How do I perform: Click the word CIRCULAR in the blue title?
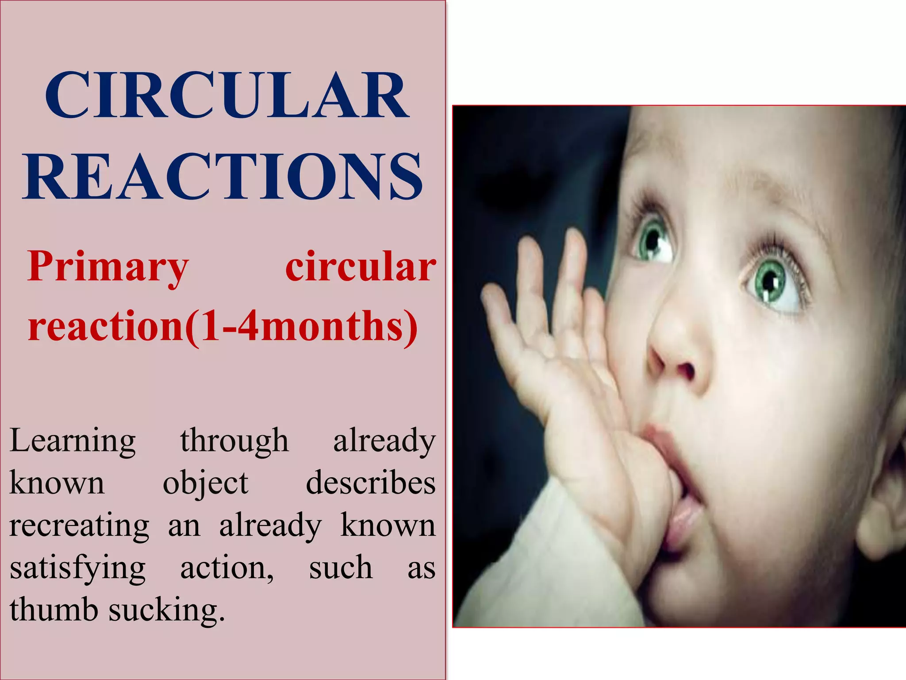point(226,96)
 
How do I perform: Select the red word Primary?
point(108,267)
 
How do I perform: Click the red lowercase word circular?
point(361,267)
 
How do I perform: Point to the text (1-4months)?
point(301,326)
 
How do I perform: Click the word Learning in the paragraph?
point(73,440)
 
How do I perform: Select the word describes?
point(371,483)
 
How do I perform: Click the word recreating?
point(80,526)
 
